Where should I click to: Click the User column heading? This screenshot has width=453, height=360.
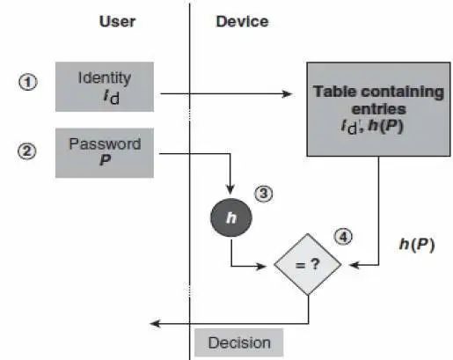(117, 21)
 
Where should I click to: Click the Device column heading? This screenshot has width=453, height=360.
(242, 21)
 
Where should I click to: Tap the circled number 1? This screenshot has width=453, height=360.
(28, 82)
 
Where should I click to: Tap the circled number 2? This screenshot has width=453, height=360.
(27, 151)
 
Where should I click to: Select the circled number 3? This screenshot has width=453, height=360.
(263, 194)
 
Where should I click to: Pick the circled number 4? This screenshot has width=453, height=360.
(343, 237)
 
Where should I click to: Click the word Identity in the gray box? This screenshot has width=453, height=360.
(105, 78)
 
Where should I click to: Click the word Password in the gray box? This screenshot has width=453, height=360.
(105, 143)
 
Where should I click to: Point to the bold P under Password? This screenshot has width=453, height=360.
(105, 160)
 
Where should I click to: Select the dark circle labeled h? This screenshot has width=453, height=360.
(231, 217)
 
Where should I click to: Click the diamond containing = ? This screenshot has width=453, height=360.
(308, 264)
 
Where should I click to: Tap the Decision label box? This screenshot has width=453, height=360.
(239, 342)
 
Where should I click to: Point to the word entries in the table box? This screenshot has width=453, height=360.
(378, 109)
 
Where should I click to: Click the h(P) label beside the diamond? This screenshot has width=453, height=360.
(417, 245)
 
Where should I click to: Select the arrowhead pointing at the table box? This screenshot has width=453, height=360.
(287, 94)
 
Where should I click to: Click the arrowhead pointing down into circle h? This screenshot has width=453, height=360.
(230, 189)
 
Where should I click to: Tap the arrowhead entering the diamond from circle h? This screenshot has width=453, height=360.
(260, 266)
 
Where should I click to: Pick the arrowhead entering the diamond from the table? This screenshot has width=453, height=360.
(354, 265)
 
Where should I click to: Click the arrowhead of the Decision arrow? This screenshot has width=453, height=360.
(155, 324)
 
